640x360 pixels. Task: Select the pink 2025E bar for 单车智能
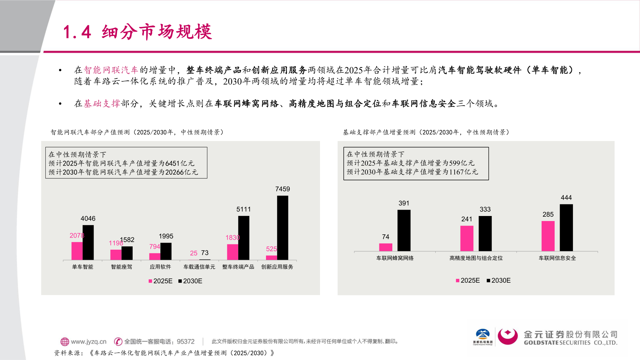(x=77, y=251)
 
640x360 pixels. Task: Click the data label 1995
(x=166, y=236)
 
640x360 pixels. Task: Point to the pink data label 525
(x=271, y=249)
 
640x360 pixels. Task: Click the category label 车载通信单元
(x=199, y=267)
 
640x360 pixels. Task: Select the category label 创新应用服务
(x=277, y=267)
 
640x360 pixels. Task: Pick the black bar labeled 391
(x=404, y=230)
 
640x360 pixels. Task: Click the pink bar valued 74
(x=386, y=247)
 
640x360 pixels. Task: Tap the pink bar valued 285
(x=548, y=236)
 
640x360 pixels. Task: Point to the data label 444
(x=566, y=198)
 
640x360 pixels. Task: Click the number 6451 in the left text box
(x=172, y=163)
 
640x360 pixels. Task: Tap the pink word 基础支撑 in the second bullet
(x=102, y=104)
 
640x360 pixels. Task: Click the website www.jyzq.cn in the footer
(x=88, y=342)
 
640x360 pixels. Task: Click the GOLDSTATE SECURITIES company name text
(x=570, y=343)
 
